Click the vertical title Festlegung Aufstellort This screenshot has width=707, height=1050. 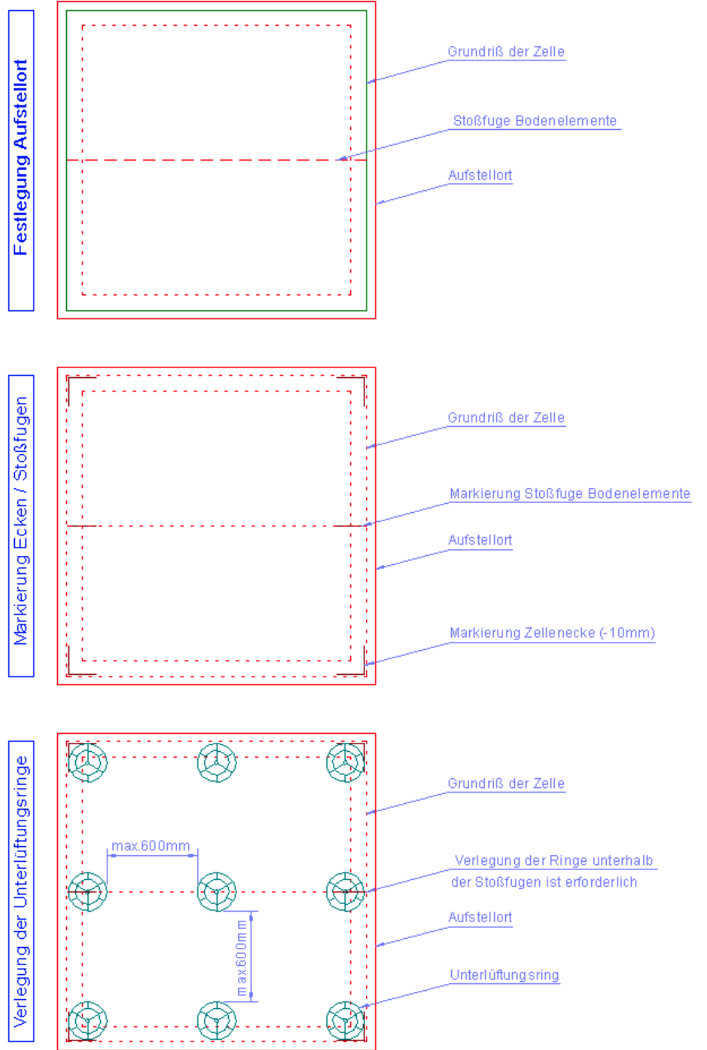pos(21,157)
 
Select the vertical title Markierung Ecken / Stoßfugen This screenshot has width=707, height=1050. pos(21,521)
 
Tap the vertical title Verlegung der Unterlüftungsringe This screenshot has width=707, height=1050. pos(21,891)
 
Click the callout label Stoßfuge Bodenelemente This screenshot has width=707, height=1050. pos(535,121)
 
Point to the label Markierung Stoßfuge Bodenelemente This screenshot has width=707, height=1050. pos(570,494)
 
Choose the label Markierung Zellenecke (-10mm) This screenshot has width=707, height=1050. pos(552,633)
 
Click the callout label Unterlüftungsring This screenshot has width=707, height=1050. pos(505,975)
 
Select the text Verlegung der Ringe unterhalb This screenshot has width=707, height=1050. pos(553,860)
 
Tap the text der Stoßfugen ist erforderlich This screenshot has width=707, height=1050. pos(544,882)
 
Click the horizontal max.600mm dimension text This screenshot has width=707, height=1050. pos(150,846)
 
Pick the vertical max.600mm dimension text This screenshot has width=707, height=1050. pos(241,957)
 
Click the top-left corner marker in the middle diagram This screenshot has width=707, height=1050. pos(69,378)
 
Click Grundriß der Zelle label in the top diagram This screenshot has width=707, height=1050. pos(506,51)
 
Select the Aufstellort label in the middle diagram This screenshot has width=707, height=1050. pos(480,540)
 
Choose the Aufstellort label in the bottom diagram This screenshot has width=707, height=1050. pos(480,918)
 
